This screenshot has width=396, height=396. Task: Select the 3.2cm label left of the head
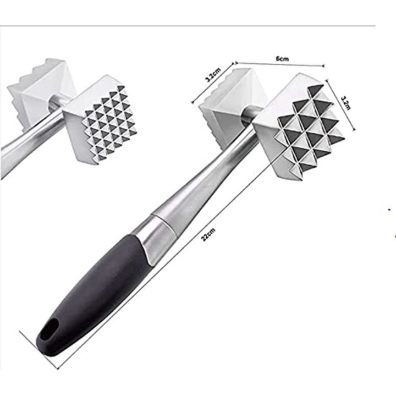213,75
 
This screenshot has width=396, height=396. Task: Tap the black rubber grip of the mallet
94,291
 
